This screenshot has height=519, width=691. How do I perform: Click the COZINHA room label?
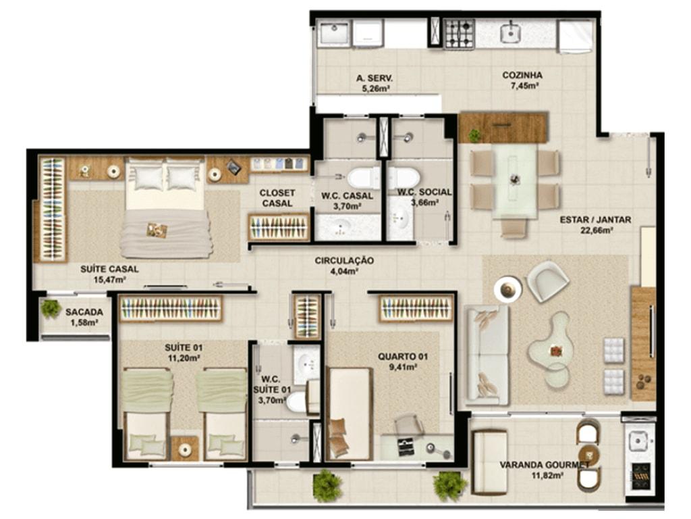[x=522, y=75]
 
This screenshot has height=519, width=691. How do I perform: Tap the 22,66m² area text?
[x=595, y=230]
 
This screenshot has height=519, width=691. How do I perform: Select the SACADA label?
[x=84, y=312]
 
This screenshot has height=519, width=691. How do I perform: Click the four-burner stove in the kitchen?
[x=460, y=34]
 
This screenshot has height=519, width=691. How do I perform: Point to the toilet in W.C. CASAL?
[x=362, y=178]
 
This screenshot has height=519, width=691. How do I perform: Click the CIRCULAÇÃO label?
[x=344, y=261]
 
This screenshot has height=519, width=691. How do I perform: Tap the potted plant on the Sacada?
[x=51, y=308]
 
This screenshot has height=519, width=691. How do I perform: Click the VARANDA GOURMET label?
[x=545, y=465]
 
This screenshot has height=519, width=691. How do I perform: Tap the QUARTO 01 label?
[x=403, y=356]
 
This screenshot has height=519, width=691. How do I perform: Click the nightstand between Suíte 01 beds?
[x=185, y=449]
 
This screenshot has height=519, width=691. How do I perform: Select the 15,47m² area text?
[x=110, y=279]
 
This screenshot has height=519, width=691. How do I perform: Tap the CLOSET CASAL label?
[x=277, y=198]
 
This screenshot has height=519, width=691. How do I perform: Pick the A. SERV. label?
[x=374, y=78]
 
